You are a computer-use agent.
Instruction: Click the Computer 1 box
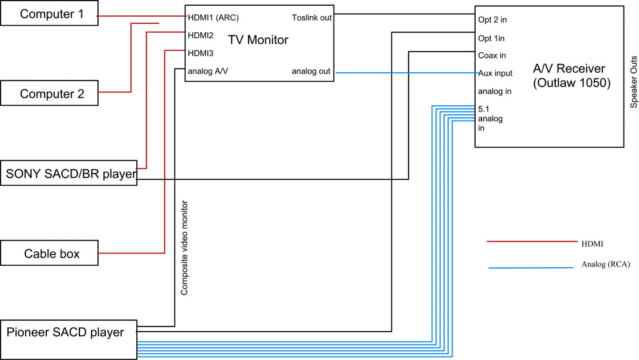[x=50, y=14]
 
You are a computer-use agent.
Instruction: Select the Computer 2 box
[x=50, y=93]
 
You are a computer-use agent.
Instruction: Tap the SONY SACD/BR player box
[x=68, y=173]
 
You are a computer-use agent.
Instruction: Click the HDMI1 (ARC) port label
[x=213, y=17]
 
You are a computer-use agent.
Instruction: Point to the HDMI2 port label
[x=201, y=35]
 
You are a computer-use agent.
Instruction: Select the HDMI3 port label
[x=201, y=53]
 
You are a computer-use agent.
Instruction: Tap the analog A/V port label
[x=207, y=71]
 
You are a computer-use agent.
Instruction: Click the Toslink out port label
[x=312, y=17]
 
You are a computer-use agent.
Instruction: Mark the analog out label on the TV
[x=312, y=71]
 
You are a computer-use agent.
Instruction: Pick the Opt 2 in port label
[x=492, y=20]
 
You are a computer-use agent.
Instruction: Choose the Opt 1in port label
[x=491, y=38]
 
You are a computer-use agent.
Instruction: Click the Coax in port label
[x=492, y=55]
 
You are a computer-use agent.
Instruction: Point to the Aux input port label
[x=495, y=73]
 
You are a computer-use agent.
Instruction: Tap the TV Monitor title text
[x=258, y=41]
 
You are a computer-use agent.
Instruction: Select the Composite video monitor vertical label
[x=185, y=248]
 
